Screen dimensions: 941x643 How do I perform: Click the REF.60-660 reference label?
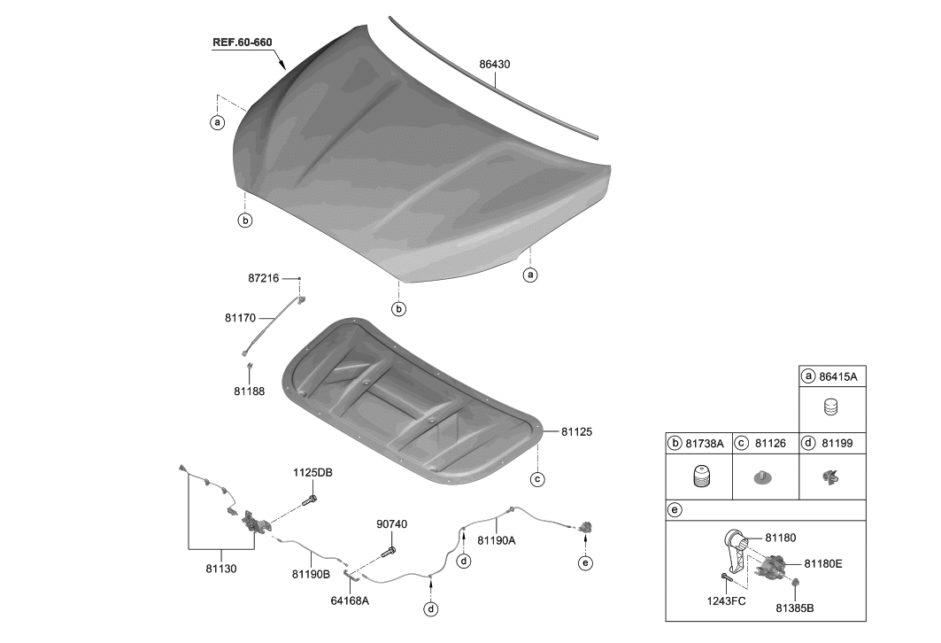tap(242, 43)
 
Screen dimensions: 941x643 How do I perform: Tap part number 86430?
tap(495, 65)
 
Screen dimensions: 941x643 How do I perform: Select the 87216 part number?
tap(264, 279)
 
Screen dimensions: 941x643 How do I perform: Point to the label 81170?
tap(241, 318)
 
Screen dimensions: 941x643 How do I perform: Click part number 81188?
tap(249, 391)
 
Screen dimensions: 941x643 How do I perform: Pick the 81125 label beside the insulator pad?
tap(576, 431)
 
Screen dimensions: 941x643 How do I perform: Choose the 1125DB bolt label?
tap(312, 473)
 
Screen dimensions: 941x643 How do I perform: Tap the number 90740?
tap(392, 524)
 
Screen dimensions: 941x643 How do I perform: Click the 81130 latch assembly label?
tap(221, 569)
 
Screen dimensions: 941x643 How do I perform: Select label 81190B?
tap(311, 575)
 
